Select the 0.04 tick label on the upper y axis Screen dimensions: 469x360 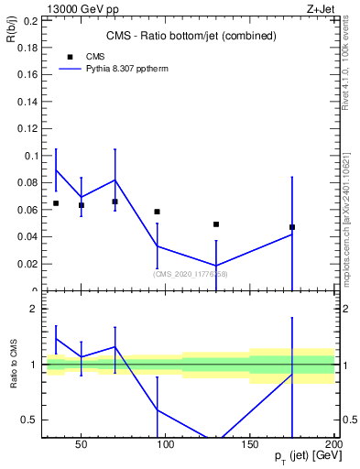tap(27, 237)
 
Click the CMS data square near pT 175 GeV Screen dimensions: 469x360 tap(292, 227)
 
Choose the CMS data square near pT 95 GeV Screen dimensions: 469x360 tap(158, 212)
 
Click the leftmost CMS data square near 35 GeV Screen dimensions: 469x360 tap(56, 203)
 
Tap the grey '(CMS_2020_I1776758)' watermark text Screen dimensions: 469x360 tap(190, 274)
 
